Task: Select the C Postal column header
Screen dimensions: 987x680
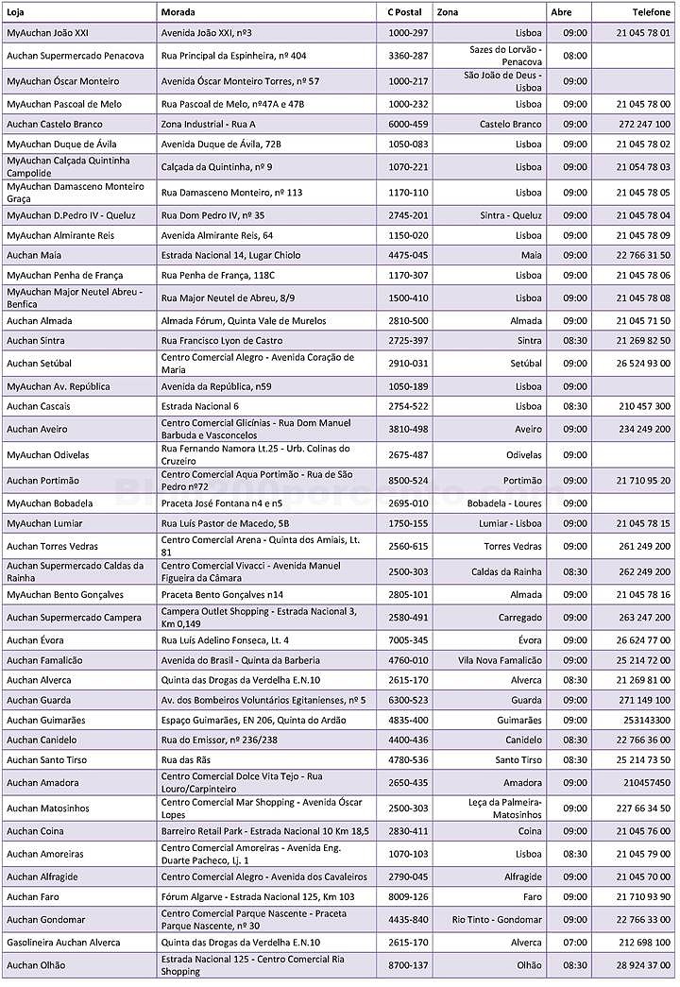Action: (406, 13)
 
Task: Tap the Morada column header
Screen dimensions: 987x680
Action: (179, 13)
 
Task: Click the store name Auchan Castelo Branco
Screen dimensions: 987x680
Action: (55, 124)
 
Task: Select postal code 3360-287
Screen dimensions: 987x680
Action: (408, 56)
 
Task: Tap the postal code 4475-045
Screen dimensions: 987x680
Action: (408, 254)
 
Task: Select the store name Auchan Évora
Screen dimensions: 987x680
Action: (36, 640)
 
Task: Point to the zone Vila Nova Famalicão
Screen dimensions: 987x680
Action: (500, 660)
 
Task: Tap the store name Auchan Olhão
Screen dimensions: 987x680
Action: (38, 965)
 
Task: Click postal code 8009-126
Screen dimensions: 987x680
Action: (408, 896)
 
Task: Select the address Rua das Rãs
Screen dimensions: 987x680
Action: (188, 759)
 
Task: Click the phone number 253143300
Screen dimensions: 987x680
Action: (646, 720)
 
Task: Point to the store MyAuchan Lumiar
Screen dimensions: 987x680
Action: (44, 523)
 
